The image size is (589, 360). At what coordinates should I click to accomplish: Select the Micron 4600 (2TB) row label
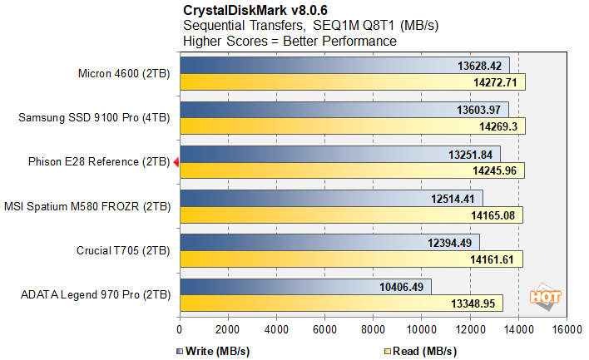click(122, 74)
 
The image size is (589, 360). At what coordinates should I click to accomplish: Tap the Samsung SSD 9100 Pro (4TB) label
click(94, 118)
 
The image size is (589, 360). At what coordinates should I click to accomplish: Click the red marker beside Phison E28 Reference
click(176, 162)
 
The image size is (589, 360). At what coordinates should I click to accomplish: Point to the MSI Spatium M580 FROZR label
click(87, 206)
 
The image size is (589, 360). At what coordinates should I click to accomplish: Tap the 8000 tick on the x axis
click(373, 328)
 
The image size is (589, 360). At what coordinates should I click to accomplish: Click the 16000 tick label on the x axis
click(566, 328)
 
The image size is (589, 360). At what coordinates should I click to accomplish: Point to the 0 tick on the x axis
click(180, 328)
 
